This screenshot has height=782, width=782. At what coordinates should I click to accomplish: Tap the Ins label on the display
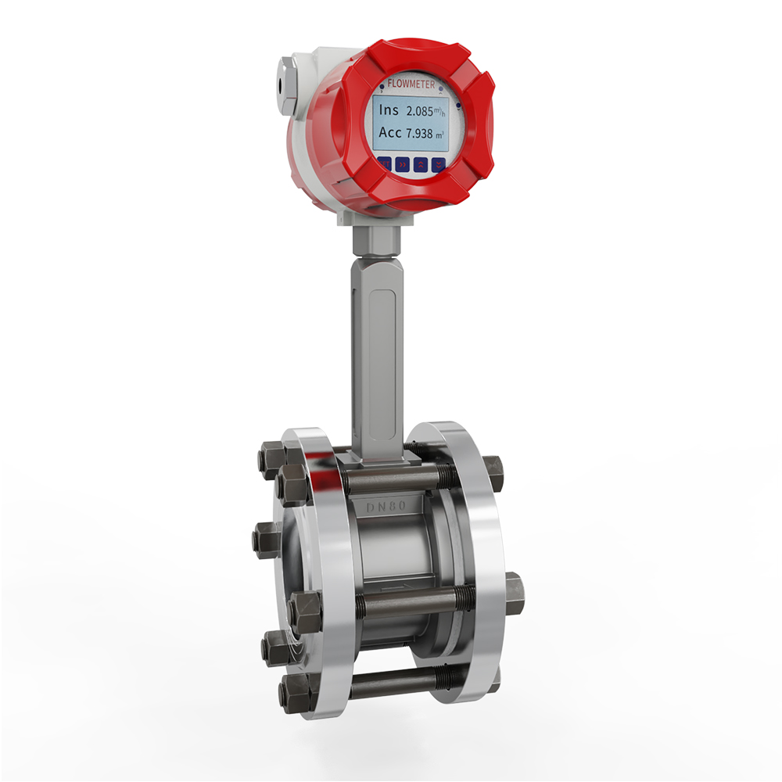[389, 110]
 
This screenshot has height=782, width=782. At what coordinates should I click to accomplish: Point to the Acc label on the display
[390, 133]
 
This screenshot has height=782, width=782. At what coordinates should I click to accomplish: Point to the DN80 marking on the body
[386, 507]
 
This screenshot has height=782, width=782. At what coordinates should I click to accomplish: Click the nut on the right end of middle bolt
[515, 593]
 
